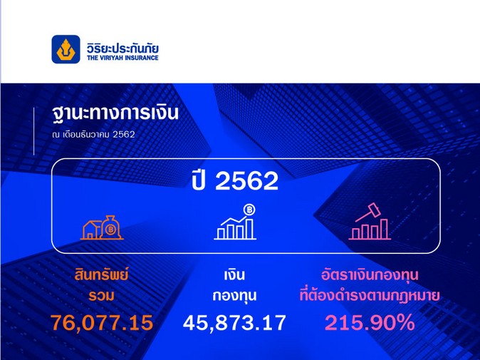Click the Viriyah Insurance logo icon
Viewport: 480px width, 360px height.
[x=66, y=49]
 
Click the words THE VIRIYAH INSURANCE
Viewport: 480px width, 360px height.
[x=122, y=58]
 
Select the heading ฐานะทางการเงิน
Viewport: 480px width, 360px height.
[x=115, y=113]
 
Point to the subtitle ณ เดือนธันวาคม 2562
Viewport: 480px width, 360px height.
[x=94, y=134]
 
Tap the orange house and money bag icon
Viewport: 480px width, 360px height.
[x=102, y=227]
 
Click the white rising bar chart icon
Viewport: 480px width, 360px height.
[x=235, y=222]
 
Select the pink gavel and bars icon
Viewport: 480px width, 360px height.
[x=370, y=221]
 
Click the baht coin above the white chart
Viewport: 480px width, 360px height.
[x=249, y=210]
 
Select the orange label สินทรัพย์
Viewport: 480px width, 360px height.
[x=101, y=274]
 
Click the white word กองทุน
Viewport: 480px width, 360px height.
[x=234, y=296]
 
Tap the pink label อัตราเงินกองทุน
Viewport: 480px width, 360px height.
[x=370, y=275]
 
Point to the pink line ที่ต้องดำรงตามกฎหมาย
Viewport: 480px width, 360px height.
[x=370, y=295]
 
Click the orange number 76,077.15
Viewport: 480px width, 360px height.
[x=102, y=322]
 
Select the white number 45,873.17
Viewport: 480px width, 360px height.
[x=234, y=322]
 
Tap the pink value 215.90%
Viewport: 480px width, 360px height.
[x=370, y=322]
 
